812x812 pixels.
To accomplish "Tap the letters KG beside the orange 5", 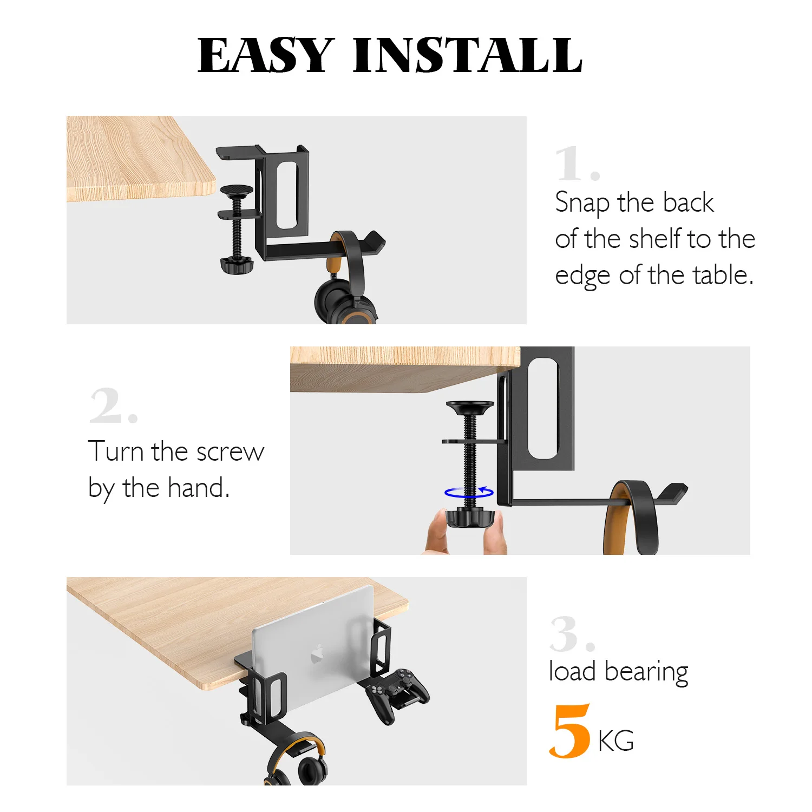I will click(616, 741).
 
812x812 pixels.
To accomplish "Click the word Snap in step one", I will click(582, 204).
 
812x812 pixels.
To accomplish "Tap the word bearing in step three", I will click(646, 672).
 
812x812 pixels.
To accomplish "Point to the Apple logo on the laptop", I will click(317, 654).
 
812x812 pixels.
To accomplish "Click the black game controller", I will click(397, 693).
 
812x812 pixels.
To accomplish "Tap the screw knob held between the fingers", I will click(469, 519).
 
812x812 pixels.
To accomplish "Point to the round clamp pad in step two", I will click(470, 406).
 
